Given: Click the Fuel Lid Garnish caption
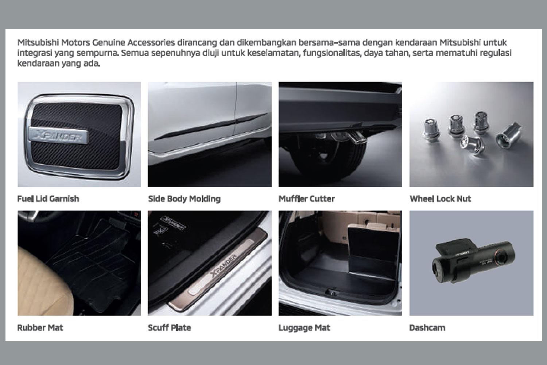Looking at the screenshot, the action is (48, 199).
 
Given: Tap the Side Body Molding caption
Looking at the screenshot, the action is (185, 199).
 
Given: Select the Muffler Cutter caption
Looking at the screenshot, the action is (307, 199).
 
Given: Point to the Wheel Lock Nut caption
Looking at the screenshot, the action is (440, 199).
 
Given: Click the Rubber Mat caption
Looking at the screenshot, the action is (40, 328).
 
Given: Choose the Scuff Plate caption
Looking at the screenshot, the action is (170, 328).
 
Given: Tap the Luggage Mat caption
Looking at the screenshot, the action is (304, 328).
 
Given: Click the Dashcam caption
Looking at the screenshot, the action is (427, 328).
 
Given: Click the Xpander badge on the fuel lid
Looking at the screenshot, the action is (58, 135).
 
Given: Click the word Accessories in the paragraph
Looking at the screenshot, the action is (151, 42).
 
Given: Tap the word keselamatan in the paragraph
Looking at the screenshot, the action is (273, 53).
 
